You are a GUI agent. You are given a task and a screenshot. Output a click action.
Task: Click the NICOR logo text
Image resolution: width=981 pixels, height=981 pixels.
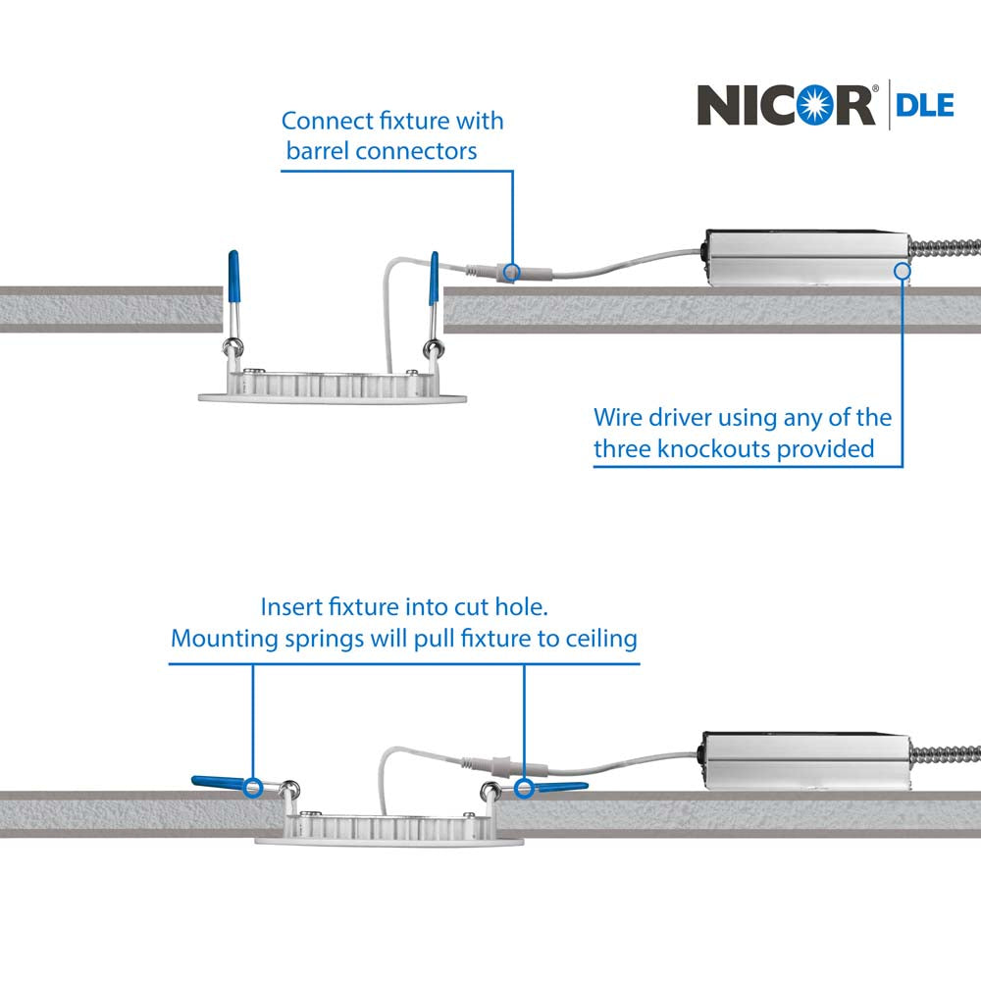coord(785,105)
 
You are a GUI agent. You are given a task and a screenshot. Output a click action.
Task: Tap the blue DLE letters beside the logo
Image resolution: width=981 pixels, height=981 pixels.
coord(924,105)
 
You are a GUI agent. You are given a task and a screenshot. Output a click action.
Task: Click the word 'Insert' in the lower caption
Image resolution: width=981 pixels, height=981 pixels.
coord(289,605)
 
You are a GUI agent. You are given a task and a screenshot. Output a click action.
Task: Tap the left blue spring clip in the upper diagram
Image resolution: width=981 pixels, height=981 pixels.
coord(233,279)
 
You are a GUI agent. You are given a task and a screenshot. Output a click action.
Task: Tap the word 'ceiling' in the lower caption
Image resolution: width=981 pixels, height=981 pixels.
coord(601,639)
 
